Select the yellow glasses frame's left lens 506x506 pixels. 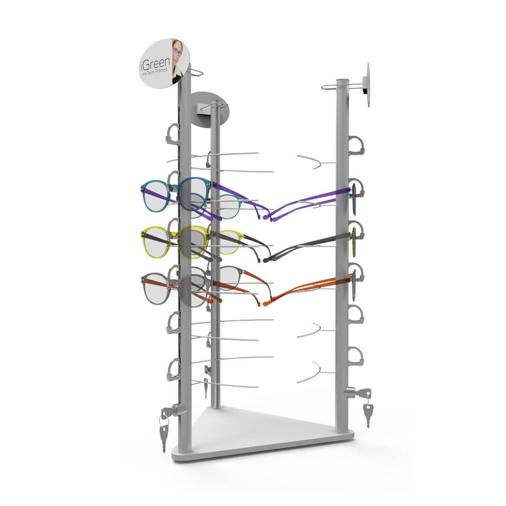point(156,242)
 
